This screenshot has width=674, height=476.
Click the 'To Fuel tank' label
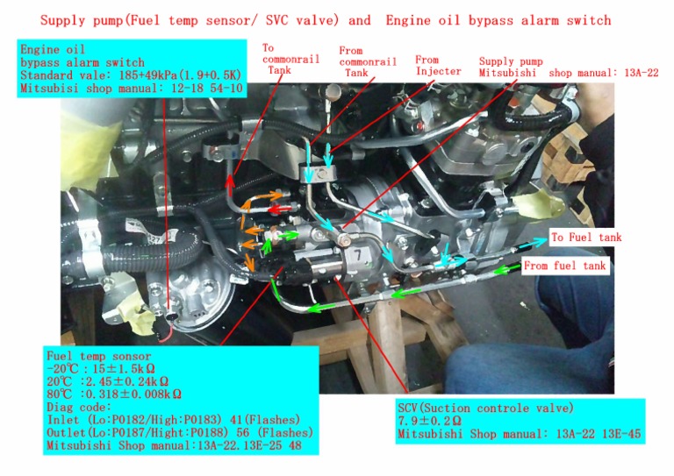(586, 238)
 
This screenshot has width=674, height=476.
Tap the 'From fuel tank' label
(564, 266)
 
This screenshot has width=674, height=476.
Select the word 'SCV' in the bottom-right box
(410, 409)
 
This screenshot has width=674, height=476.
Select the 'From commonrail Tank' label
(362, 62)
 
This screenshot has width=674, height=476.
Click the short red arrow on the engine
(278, 210)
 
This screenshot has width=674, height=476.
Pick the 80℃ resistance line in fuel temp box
(114, 394)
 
